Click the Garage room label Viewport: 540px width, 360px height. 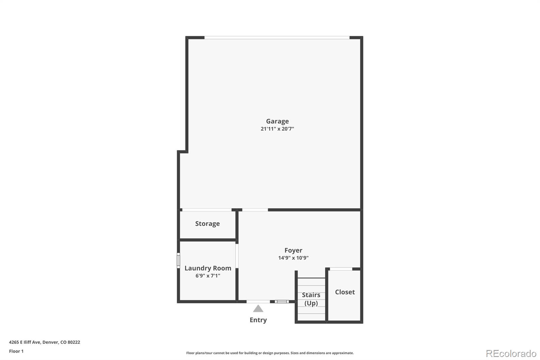point(277,121)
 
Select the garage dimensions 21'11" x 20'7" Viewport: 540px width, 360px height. point(277,129)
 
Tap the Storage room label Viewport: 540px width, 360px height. point(207,224)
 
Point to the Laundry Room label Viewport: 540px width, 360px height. point(208,268)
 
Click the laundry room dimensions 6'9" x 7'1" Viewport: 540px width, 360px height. point(208,276)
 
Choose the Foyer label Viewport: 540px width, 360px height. point(293,250)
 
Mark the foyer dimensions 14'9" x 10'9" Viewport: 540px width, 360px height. point(293,258)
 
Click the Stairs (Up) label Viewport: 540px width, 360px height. point(311,299)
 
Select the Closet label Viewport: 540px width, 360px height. point(345,292)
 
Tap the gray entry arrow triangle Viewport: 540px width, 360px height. point(258,309)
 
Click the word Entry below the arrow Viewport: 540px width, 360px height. point(258,320)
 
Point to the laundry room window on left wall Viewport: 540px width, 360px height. point(179,261)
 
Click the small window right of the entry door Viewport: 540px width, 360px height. point(281,302)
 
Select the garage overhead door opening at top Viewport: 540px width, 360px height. point(277,37)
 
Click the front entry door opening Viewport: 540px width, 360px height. point(258,302)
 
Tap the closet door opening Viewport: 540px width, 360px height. point(341,269)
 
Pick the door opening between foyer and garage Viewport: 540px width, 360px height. point(255,210)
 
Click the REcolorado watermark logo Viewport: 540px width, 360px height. point(511,353)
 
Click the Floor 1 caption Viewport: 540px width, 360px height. point(16,351)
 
